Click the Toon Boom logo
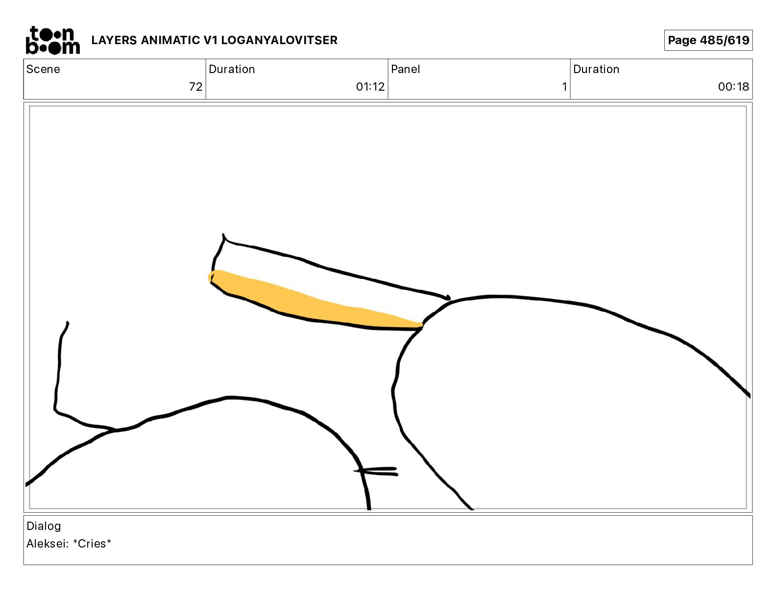[53, 40]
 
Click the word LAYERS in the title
[114, 40]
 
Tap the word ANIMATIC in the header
[170, 40]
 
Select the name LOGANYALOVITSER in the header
[279, 40]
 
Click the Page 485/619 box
[708, 40]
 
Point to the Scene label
[43, 69]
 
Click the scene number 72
[195, 86]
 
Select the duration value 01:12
[370, 86]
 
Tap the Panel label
[405, 69]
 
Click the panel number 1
[564, 86]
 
